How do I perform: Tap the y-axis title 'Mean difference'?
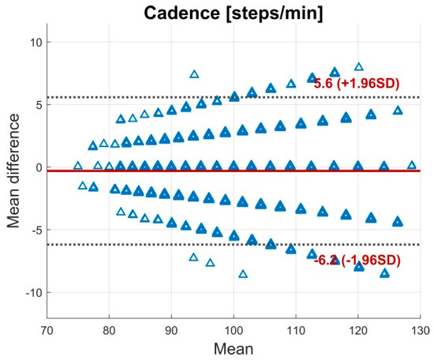(x=14, y=167)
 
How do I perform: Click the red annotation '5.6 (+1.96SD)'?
(x=357, y=83)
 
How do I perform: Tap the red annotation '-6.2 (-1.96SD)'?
(x=357, y=259)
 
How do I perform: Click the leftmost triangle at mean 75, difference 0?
(x=77, y=166)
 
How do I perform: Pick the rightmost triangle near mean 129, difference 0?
(x=411, y=166)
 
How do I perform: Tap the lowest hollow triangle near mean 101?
(x=243, y=274)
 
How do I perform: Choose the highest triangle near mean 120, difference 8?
(x=359, y=67)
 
